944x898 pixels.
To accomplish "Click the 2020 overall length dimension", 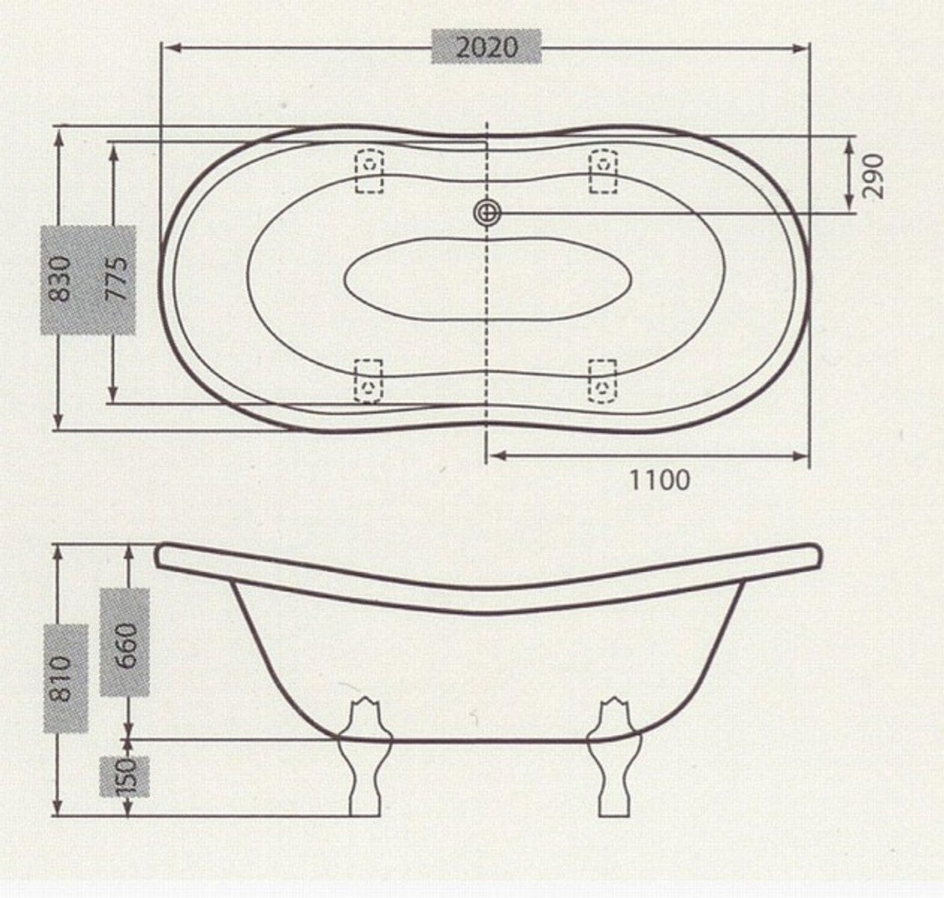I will coord(488,47).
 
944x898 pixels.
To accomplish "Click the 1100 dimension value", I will coord(659,479).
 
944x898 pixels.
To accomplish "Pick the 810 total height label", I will coord(64,678).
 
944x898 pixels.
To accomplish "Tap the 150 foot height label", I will coord(126,776).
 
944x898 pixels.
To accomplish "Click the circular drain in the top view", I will coord(488,212).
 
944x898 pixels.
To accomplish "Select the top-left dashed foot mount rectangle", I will coord(369,171).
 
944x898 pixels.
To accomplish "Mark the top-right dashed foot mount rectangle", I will coord(603,171).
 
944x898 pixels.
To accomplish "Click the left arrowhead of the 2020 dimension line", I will coord(168,48).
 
